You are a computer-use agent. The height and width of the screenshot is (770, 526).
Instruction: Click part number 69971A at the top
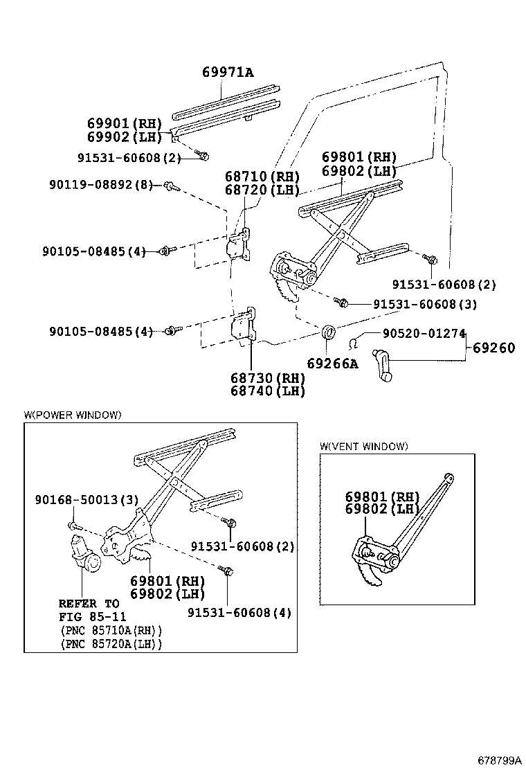(x=228, y=72)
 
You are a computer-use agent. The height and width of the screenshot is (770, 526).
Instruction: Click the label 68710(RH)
(x=262, y=176)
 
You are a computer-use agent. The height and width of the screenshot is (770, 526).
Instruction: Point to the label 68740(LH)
(x=269, y=391)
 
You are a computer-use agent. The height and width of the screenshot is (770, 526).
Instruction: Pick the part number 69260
(x=494, y=348)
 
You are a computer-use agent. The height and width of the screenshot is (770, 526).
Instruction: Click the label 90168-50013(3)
(x=87, y=500)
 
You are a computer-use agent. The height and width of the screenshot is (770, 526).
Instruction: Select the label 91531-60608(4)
(x=239, y=612)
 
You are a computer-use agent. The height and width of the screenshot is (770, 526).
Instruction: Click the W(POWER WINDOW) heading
(x=73, y=415)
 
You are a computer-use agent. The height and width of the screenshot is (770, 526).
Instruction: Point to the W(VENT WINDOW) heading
(x=364, y=446)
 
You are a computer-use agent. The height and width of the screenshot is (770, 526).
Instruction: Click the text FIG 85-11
(x=92, y=616)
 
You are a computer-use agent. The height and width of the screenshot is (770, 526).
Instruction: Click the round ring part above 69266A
(x=330, y=332)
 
